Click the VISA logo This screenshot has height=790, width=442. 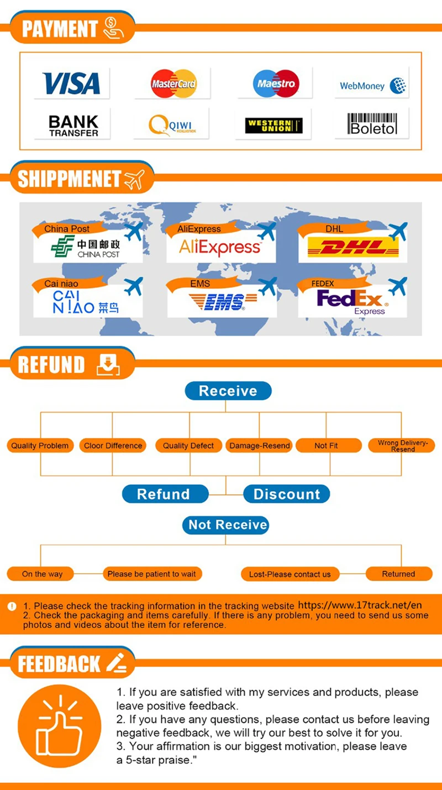pyautogui.click(x=71, y=83)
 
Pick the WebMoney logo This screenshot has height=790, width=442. pyautogui.click(x=372, y=86)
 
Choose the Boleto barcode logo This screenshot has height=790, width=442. pyautogui.click(x=372, y=124)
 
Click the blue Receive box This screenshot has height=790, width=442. pyautogui.click(x=228, y=391)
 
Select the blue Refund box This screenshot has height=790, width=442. pyautogui.click(x=164, y=494)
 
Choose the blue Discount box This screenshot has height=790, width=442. pyautogui.click(x=286, y=494)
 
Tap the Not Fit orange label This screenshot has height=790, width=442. pyautogui.click(x=326, y=446)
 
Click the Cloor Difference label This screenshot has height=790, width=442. pyautogui.click(x=113, y=446)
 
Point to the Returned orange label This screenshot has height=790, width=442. pyautogui.click(x=398, y=574)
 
